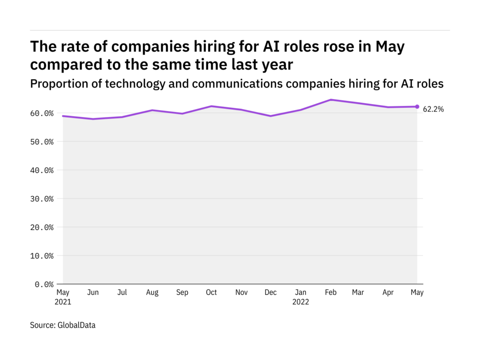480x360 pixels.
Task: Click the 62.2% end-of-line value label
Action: (x=434, y=110)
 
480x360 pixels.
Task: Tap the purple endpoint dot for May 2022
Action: (x=417, y=106)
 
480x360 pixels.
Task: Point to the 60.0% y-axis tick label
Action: (x=42, y=113)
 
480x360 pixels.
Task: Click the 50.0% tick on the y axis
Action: (x=42, y=142)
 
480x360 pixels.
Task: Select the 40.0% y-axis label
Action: (x=42, y=170)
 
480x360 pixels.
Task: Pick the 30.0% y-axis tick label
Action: (x=42, y=199)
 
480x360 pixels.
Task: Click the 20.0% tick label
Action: (x=42, y=227)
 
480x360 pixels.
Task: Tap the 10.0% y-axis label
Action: (x=42, y=256)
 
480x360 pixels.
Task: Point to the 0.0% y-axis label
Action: (x=44, y=284)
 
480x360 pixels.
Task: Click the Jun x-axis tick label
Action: (x=93, y=292)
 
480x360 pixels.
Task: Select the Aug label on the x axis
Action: (x=152, y=292)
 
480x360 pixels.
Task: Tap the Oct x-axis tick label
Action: (x=211, y=292)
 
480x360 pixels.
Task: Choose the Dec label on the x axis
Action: (x=271, y=292)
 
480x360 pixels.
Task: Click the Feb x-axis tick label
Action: (x=331, y=292)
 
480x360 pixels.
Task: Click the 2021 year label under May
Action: (x=63, y=302)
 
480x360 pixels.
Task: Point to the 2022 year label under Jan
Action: (x=301, y=302)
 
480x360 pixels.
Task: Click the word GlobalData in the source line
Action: (x=76, y=325)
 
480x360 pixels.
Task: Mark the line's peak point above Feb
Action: (x=331, y=99)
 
